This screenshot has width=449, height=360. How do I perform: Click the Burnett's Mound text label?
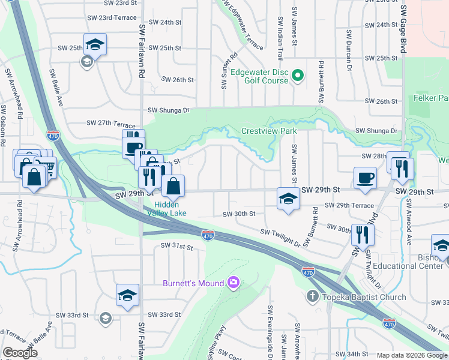coord(193,283)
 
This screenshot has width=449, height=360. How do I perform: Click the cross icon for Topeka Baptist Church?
coord(312,296)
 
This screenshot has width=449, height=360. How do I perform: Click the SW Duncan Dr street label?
coord(348,48)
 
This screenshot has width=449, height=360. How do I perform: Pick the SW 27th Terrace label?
coord(107,122)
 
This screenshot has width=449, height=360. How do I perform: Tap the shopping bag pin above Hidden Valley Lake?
coord(173,187)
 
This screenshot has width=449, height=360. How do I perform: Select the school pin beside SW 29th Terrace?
coord(288,198)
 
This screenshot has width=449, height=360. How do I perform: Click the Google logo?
coord(20,353)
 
